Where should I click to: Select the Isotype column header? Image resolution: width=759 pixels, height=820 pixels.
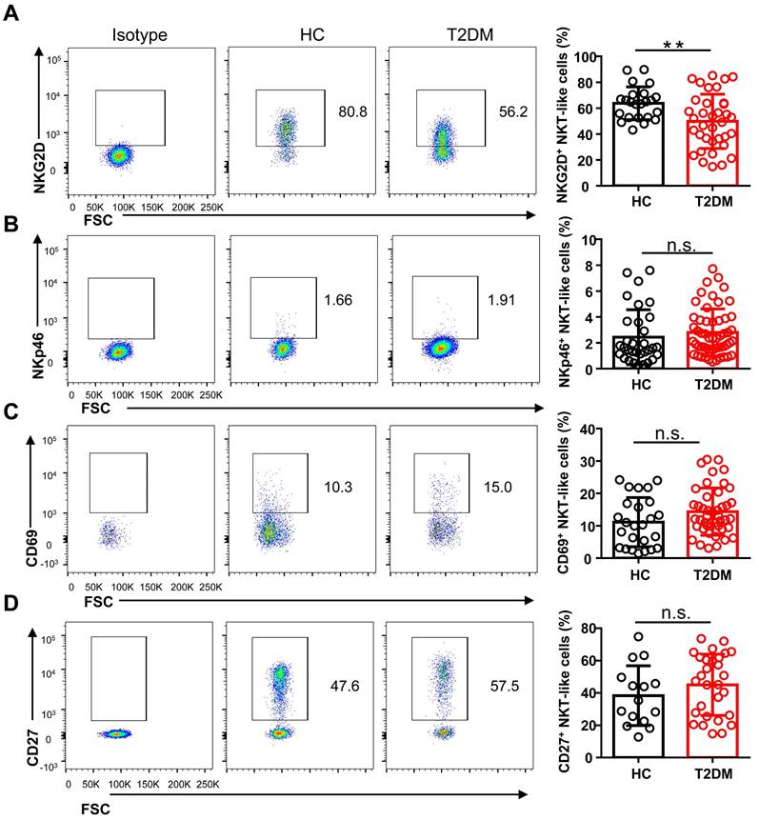(x=139, y=35)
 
